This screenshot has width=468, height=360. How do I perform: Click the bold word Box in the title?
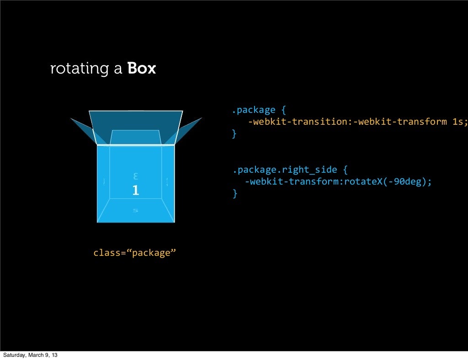pos(142,69)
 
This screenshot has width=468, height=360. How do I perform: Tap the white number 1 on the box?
pos(135,191)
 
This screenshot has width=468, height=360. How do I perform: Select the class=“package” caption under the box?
pos(135,253)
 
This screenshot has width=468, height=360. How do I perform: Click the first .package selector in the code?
pos(253,110)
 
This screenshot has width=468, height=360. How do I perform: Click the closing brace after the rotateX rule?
pos(235,194)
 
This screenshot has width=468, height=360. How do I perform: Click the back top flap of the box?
pos(136,120)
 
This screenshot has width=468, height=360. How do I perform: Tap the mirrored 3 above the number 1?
pos(135,176)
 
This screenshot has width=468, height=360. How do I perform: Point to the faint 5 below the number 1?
pos(135,211)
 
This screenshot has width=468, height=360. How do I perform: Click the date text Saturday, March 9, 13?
pos(31,355)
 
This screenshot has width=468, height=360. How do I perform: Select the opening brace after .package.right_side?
pos(345,170)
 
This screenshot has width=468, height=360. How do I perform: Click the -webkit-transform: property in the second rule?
pos(291,182)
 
